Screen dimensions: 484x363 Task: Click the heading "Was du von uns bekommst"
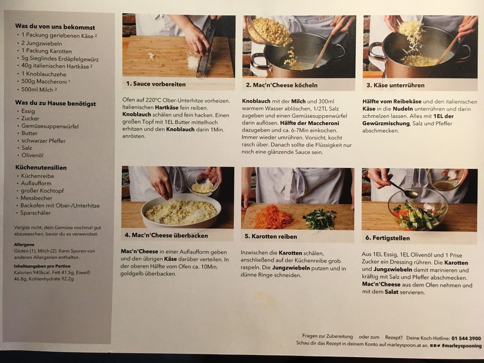55,27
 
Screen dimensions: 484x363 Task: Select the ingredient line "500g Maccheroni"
44,81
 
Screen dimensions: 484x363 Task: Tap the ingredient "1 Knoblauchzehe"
43,74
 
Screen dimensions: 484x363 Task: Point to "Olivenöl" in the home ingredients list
32,155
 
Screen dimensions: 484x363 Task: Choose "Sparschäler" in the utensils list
35,213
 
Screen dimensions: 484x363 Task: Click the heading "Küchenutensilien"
41,168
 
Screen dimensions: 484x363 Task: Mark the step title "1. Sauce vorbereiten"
156,84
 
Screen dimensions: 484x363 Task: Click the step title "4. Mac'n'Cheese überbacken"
166,235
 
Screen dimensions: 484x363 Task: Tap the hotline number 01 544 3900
466,338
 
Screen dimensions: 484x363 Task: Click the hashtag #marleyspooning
461,346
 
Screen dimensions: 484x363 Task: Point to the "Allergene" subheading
24,244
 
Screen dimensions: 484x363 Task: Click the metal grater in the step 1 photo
206,49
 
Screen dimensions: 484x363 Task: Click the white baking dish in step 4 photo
181,211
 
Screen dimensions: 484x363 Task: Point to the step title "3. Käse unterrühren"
396,85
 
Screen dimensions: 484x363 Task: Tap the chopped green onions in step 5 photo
320,218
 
